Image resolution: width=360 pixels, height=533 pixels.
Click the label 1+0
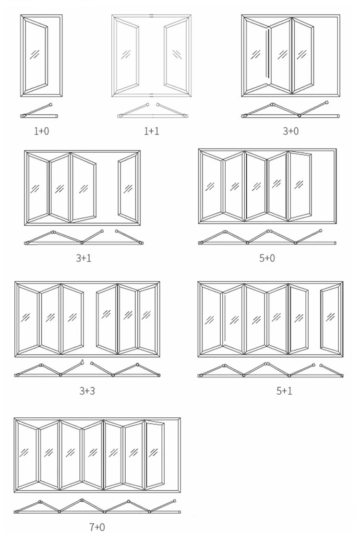click(x=41, y=131)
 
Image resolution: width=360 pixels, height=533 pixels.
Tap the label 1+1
click(x=152, y=131)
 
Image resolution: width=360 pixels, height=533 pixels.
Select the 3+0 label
click(x=290, y=131)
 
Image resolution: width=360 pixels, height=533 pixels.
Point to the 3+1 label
click(x=84, y=258)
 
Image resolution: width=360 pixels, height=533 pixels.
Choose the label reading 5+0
click(x=267, y=258)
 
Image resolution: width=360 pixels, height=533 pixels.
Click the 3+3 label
click(x=87, y=390)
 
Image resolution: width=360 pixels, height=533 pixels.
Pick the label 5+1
click(x=284, y=390)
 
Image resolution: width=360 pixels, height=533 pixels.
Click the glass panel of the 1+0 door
click(x=36, y=55)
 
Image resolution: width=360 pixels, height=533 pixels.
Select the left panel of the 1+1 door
click(x=126, y=55)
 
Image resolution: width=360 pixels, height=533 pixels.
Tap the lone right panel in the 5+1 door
click(x=331, y=318)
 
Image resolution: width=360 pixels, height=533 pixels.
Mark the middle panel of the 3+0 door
click(x=281, y=55)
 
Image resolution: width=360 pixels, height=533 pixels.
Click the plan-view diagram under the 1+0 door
click(x=39, y=111)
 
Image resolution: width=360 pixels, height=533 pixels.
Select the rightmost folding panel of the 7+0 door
click(x=154, y=454)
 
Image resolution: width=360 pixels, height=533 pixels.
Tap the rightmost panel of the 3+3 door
click(x=148, y=318)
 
